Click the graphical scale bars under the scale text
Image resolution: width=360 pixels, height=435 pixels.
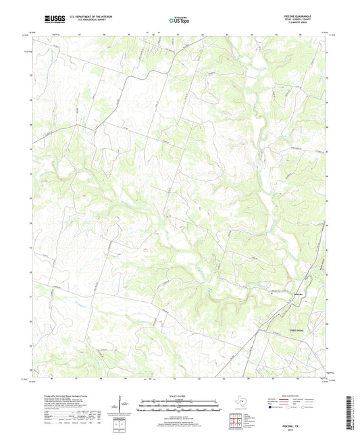(180, 407)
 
